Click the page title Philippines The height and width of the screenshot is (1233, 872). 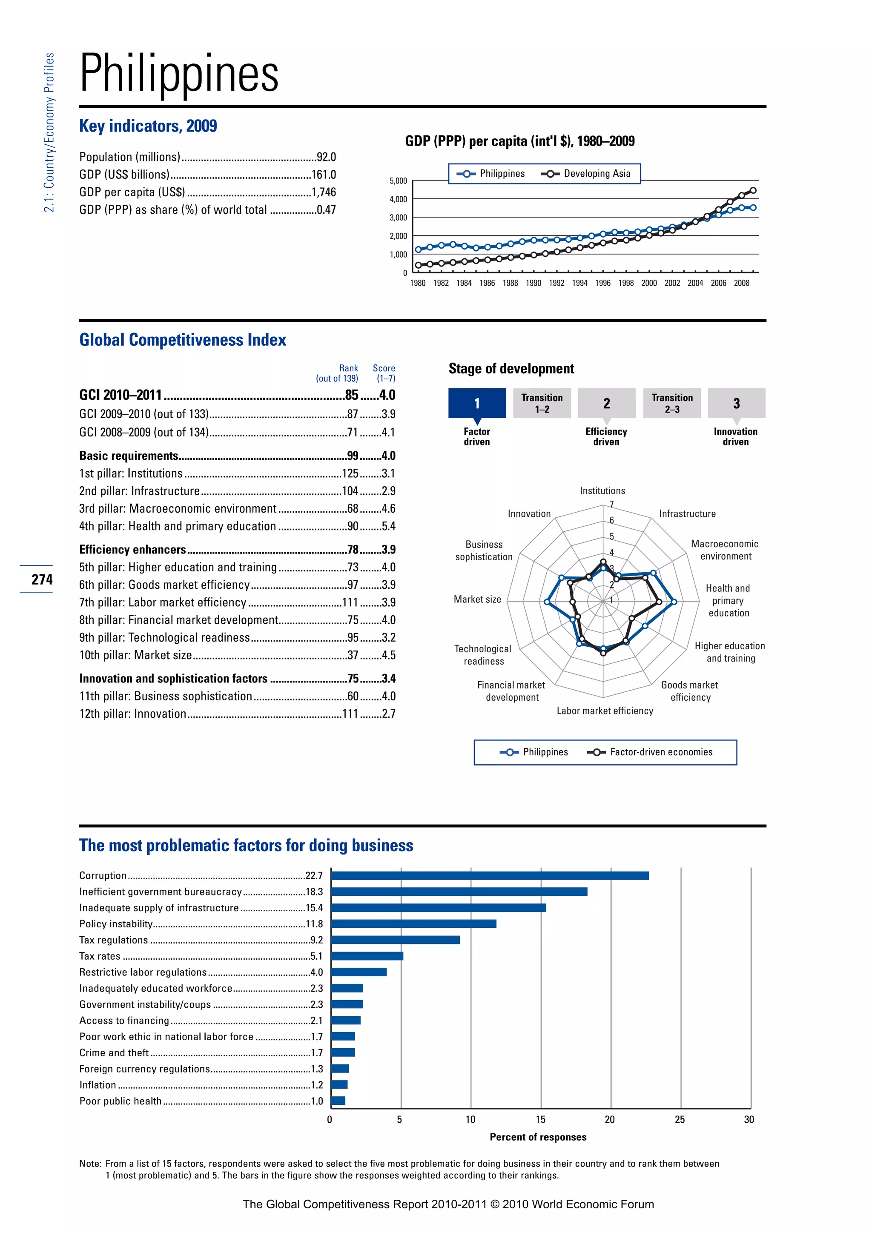tap(179, 74)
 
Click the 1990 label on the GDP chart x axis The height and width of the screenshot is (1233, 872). tap(533, 283)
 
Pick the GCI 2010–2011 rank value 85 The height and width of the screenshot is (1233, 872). tap(351, 395)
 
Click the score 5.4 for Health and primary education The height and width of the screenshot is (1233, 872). tap(388, 526)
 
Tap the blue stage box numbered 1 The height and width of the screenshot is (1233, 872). tap(477, 403)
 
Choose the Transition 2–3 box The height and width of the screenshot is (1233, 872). tap(672, 403)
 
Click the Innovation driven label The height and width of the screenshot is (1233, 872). tap(735, 436)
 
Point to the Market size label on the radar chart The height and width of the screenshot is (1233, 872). tap(477, 599)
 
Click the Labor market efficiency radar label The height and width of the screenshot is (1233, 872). tap(605, 711)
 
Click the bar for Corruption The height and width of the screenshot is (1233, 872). tap(489, 876)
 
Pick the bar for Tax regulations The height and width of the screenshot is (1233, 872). tap(395, 941)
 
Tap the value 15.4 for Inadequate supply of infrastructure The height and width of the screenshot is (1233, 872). tap(314, 908)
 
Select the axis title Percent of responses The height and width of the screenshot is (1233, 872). tap(538, 1137)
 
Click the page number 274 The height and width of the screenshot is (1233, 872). tap(42, 579)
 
